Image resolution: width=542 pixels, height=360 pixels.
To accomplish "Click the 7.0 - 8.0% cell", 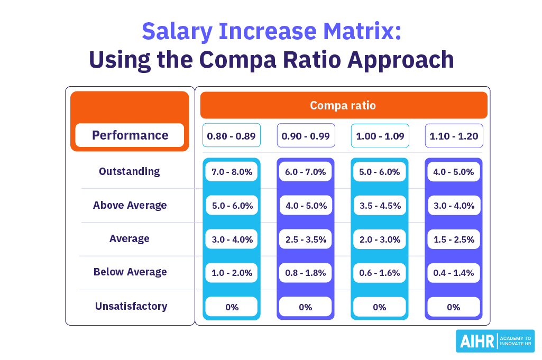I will tap(232, 172).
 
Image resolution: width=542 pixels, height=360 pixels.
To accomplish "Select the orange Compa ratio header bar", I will tap(343, 105).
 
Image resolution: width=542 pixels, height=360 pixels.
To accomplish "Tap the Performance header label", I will tap(130, 135).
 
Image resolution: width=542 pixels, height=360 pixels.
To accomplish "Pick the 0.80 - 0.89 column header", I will tap(232, 136).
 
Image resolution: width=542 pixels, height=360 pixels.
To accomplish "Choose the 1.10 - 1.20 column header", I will tap(454, 136).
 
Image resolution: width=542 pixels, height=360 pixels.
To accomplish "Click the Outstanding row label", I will tap(129, 171).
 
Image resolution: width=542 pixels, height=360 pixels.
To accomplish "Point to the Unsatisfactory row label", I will tap(131, 306).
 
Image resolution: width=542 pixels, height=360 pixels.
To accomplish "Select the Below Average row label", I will tap(130, 272).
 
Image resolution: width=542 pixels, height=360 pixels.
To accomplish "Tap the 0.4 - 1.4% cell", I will tap(453, 273).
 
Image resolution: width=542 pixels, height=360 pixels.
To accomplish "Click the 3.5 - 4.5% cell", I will tap(379, 206).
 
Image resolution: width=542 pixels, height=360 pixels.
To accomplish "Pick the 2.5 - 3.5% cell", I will tap(305, 239).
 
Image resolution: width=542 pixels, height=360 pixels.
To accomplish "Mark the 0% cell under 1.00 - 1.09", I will tap(379, 307).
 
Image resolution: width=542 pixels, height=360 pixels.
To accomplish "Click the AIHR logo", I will tap(494, 341).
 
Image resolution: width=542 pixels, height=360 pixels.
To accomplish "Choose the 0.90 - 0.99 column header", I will tap(306, 136).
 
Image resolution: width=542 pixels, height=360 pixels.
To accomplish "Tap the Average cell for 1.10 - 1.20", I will tap(453, 239).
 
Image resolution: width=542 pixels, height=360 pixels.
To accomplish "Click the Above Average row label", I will tap(130, 205).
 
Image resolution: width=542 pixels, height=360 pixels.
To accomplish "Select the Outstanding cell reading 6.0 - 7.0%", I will tap(305, 172).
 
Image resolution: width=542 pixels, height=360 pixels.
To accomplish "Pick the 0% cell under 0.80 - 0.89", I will tap(232, 307).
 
